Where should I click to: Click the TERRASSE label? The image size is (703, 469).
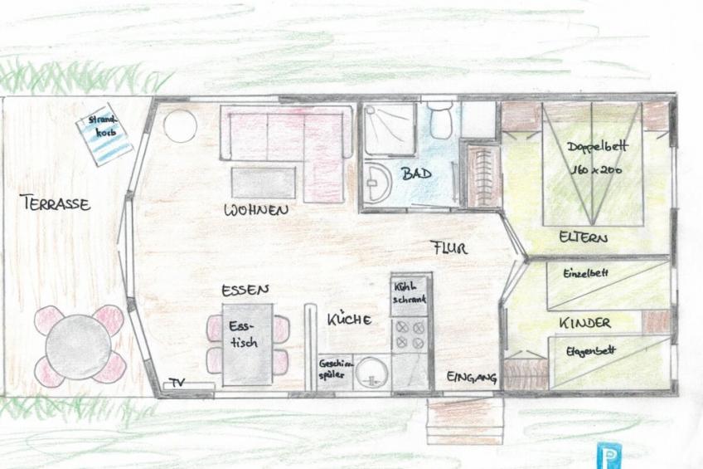click(56, 203)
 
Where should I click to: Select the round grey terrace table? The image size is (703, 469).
click(79, 347)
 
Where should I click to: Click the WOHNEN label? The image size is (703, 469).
click(256, 210)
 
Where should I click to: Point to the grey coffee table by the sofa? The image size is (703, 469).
click(264, 183)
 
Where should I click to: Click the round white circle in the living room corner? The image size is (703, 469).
click(180, 126)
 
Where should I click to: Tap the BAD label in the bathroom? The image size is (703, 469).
click(416, 173)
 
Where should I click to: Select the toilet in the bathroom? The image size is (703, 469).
click(439, 120)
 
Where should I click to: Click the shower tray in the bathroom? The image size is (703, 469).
click(389, 129)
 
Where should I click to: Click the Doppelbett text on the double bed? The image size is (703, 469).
click(597, 147)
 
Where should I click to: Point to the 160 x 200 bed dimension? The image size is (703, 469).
click(596, 169)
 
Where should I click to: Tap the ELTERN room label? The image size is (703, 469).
click(584, 237)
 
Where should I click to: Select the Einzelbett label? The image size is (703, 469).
click(585, 273)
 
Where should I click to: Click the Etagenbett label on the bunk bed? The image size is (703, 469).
click(590, 351)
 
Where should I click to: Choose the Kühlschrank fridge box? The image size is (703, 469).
click(410, 294)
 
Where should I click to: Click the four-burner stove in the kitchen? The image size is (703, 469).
click(410, 335)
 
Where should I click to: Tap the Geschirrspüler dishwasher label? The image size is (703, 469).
click(336, 369)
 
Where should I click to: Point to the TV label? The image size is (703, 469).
click(177, 383)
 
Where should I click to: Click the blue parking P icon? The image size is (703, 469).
click(608, 456)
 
